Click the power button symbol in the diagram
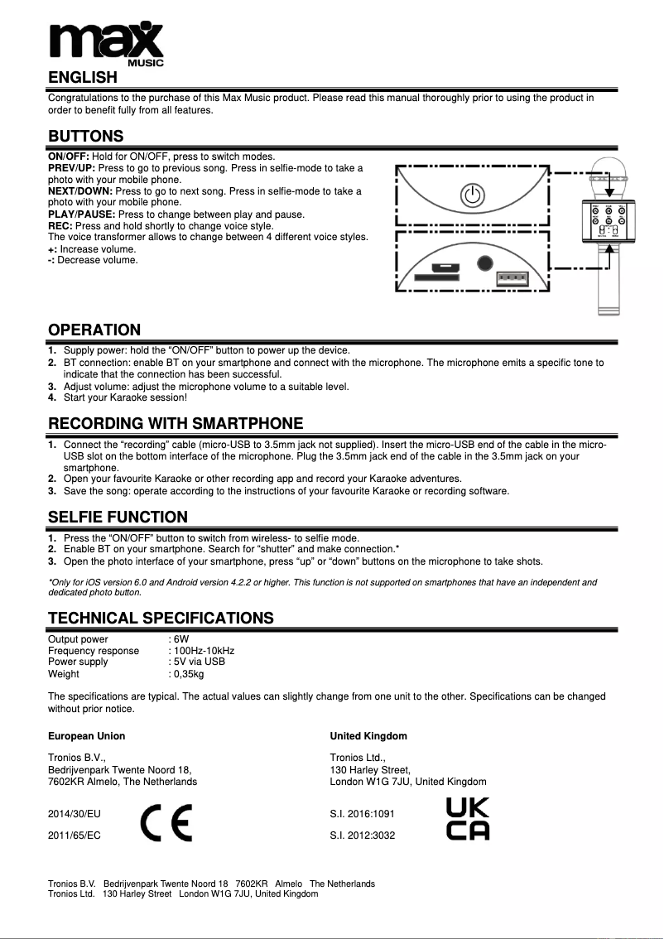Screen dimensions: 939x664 (470, 196)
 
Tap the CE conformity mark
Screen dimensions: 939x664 (166, 822)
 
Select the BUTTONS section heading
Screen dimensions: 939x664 (86, 136)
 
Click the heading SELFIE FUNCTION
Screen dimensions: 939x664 (118, 518)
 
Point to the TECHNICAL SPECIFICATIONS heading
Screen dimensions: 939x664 (161, 618)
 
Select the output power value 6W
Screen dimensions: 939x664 (181, 639)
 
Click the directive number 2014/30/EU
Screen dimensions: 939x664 (75, 816)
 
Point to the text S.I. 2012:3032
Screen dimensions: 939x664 (363, 835)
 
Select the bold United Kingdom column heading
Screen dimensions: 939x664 (368, 736)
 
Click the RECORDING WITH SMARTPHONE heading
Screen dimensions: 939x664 (176, 424)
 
